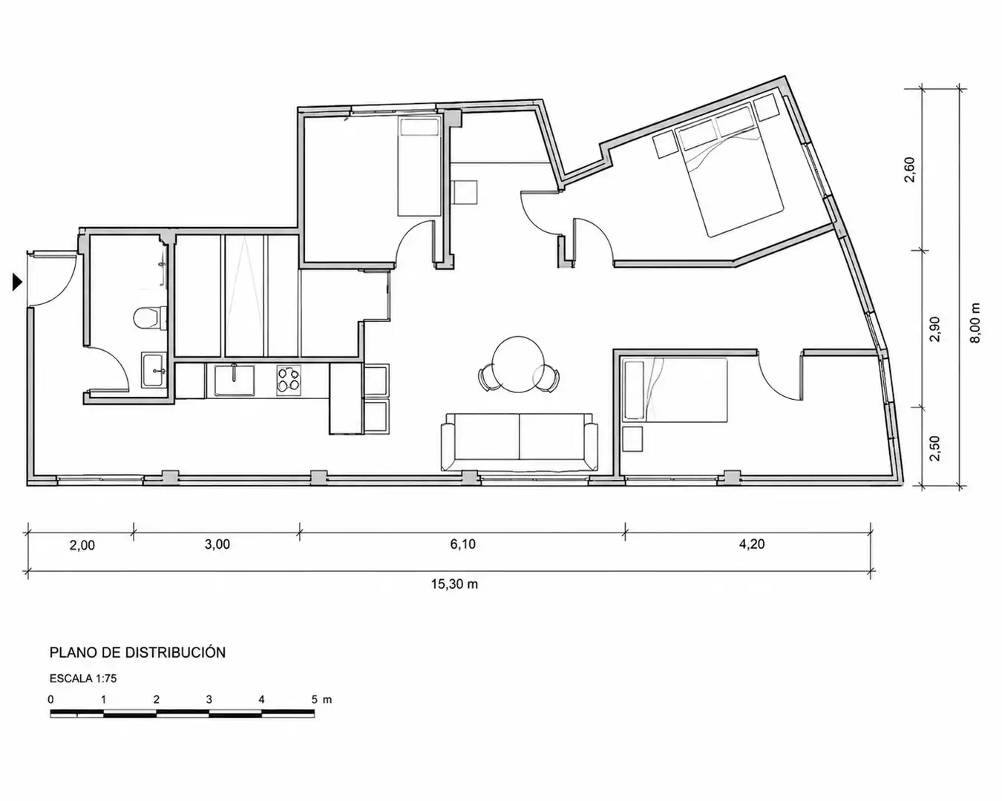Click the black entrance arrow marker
[x=17, y=282]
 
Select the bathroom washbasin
[x=153, y=370]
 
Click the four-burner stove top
[x=289, y=380]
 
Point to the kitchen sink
[x=235, y=380]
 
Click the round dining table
[x=519, y=363]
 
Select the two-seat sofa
[x=519, y=441]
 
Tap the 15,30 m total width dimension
[x=454, y=584]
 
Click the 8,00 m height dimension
[x=975, y=323]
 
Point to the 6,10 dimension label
[x=463, y=544]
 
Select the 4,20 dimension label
[x=752, y=544]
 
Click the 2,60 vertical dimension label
[x=910, y=170]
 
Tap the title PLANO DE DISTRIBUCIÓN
[x=137, y=653]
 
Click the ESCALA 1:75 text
[x=83, y=679]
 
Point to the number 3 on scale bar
[x=209, y=699]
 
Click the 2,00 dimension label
[x=82, y=545]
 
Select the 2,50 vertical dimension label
[x=934, y=448]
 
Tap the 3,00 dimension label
[x=217, y=544]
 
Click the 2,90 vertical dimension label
[x=934, y=329]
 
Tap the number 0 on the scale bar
[x=50, y=699]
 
